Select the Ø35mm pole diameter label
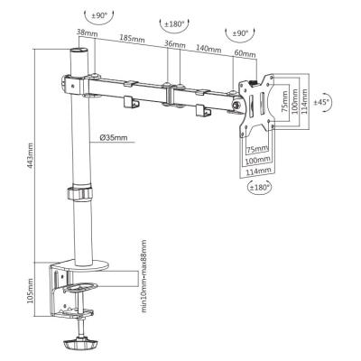click(x=114, y=138)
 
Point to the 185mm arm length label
click(x=132, y=38)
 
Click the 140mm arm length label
click(x=208, y=48)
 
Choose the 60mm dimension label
click(x=245, y=53)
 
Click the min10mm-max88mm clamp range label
click(x=144, y=276)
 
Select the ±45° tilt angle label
click(x=321, y=102)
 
